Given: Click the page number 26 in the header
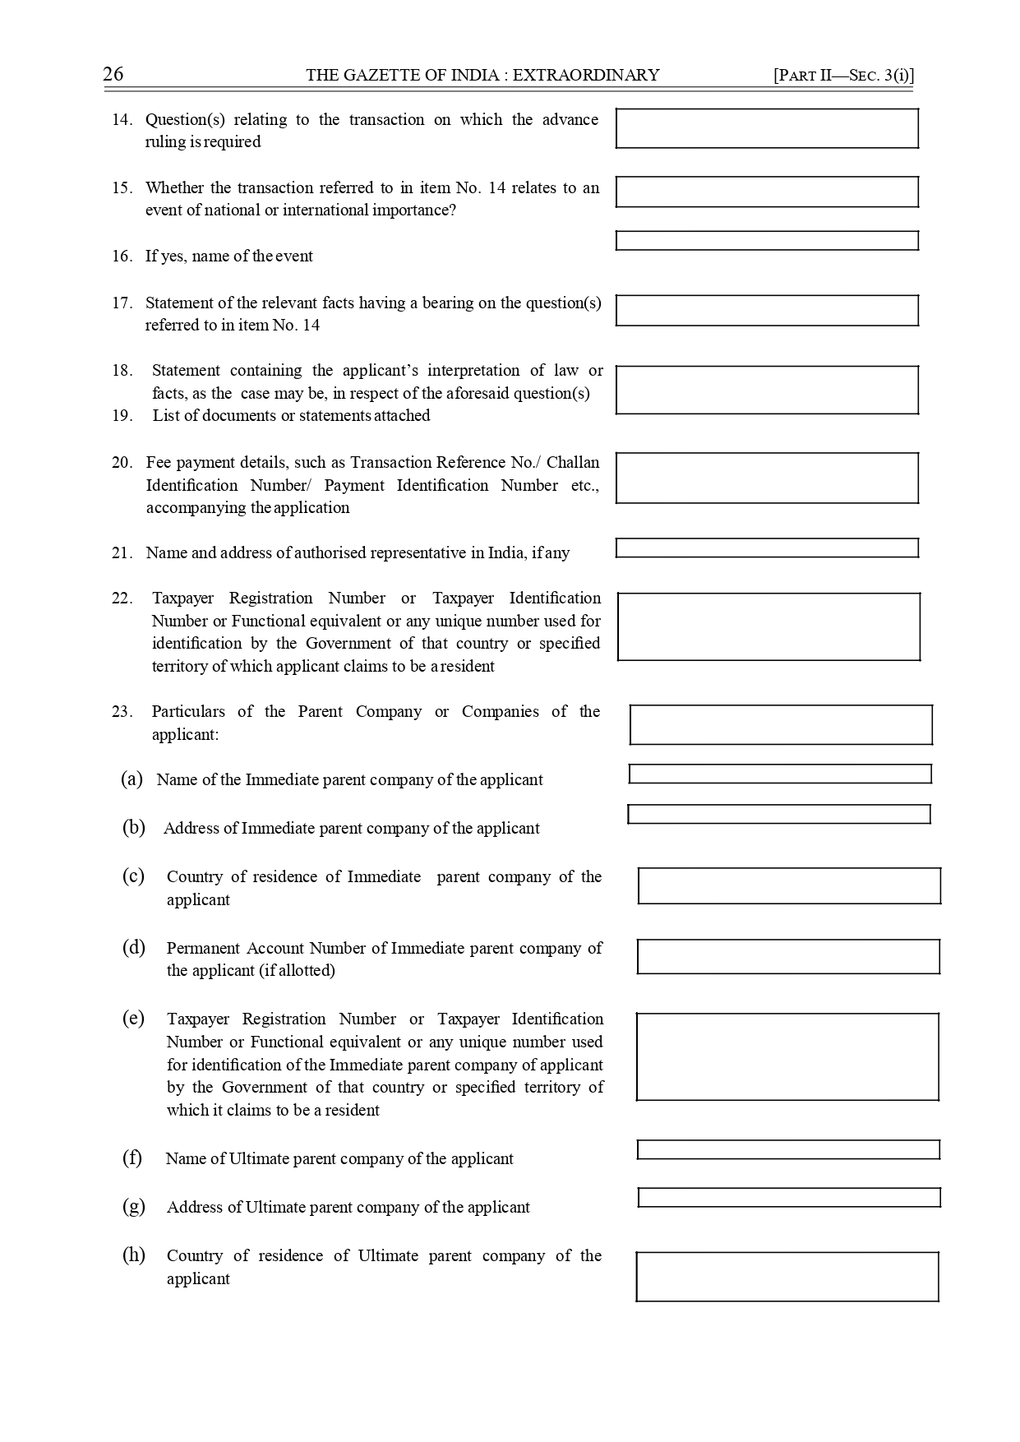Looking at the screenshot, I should [x=113, y=75].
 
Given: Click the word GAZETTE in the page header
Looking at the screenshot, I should [x=377, y=76].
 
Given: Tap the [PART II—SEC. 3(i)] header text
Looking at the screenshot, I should [x=843, y=76].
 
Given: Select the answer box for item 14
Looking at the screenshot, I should [x=767, y=128].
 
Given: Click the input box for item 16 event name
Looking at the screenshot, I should [x=767, y=241].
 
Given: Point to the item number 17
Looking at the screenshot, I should [x=122, y=303].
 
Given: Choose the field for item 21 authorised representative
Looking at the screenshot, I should [x=767, y=548].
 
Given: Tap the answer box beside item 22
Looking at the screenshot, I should [x=768, y=626].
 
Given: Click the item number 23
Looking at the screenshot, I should [x=122, y=712].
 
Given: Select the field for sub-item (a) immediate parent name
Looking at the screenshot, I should [x=780, y=774].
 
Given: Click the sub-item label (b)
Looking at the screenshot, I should [x=134, y=828].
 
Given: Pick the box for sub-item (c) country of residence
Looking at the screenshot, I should [x=789, y=886].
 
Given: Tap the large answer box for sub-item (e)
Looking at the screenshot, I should [x=787, y=1057].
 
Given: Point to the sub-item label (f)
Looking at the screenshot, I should [x=132, y=1158].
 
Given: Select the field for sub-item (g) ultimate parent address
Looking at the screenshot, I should [x=789, y=1198].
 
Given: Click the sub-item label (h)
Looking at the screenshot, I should [x=134, y=1255].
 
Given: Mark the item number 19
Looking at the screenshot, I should [x=122, y=416].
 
